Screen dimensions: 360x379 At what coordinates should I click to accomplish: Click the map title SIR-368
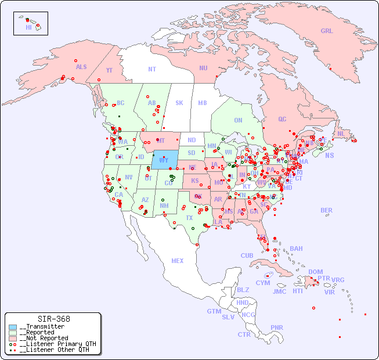53,319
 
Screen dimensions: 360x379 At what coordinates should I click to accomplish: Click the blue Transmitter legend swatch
13,327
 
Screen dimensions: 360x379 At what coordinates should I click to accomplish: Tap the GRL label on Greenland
327,31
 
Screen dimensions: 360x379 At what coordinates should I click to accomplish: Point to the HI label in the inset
28,27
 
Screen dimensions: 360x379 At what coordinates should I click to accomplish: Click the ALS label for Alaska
81,67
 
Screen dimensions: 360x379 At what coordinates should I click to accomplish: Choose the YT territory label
109,71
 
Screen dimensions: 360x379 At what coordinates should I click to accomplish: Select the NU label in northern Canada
203,68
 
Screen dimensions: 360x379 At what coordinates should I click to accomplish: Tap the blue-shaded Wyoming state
165,159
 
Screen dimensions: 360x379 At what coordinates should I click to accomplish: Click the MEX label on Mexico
177,261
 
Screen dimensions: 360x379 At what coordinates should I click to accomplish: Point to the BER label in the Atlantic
326,210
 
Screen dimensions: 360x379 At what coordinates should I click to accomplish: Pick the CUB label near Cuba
247,255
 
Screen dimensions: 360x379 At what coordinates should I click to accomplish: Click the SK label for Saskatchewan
179,103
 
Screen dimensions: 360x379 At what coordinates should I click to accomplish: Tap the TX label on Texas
189,218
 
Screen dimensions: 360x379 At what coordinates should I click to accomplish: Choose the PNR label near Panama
277,327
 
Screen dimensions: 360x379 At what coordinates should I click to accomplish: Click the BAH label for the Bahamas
296,249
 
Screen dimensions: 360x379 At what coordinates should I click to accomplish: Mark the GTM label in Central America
214,311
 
